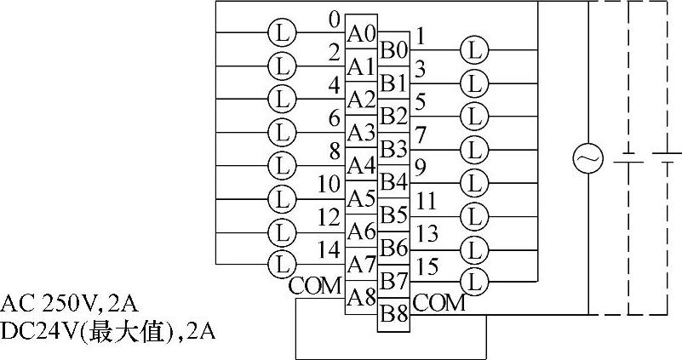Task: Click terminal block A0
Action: click(361, 34)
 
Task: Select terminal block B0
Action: click(393, 49)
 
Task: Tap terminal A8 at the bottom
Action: click(361, 297)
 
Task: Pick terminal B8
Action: click(393, 313)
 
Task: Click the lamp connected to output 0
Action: click(281, 33)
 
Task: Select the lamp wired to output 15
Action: click(473, 279)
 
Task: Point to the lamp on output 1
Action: click(473, 50)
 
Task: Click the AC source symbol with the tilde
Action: click(587, 158)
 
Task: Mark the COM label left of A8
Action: click(316, 285)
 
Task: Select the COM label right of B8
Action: click(439, 302)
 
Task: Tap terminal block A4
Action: click(361, 166)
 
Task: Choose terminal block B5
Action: click(393, 214)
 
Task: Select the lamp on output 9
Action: click(473, 181)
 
